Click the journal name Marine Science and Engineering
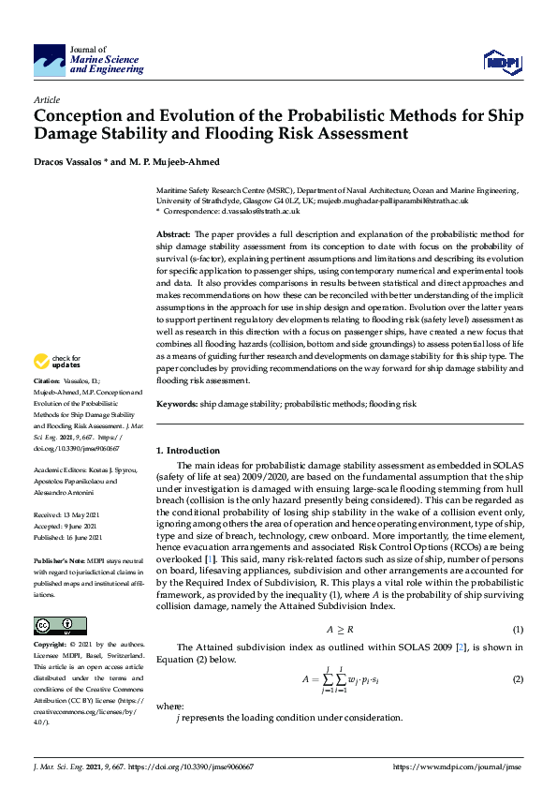[x=108, y=64]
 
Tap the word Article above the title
[x=46, y=99]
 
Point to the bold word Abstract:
[x=173, y=233]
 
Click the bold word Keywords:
[x=177, y=403]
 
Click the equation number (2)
[x=517, y=678]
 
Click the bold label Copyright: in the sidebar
[x=51, y=646]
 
